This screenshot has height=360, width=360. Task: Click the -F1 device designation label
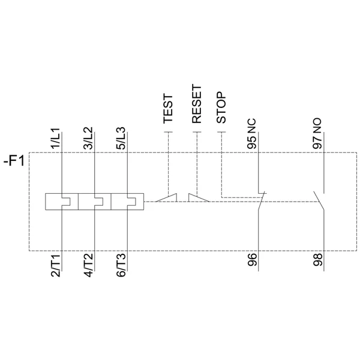click(x=14, y=161)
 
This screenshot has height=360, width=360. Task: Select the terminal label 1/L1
click(x=56, y=139)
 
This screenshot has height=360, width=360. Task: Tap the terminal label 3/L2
click(x=88, y=139)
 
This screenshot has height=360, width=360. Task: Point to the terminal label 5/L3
click(x=121, y=139)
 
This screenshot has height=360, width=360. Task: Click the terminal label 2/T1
click(x=56, y=266)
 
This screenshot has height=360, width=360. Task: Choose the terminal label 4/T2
click(x=88, y=266)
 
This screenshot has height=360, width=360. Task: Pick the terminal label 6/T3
click(x=121, y=266)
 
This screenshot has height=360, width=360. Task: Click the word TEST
click(x=168, y=109)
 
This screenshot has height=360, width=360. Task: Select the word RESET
click(x=197, y=104)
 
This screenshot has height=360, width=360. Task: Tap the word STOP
click(x=221, y=107)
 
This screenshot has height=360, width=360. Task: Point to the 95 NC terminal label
click(x=251, y=134)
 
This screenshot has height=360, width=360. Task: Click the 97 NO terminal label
click(x=317, y=134)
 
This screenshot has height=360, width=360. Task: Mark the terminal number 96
click(x=252, y=260)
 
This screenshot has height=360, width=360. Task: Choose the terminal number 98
click(x=317, y=260)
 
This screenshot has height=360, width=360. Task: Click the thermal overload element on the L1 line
click(x=62, y=202)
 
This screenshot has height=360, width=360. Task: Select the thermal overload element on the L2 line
click(x=95, y=202)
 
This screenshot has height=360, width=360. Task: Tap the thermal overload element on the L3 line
click(x=127, y=202)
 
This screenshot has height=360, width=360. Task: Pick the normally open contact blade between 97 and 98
click(x=319, y=200)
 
